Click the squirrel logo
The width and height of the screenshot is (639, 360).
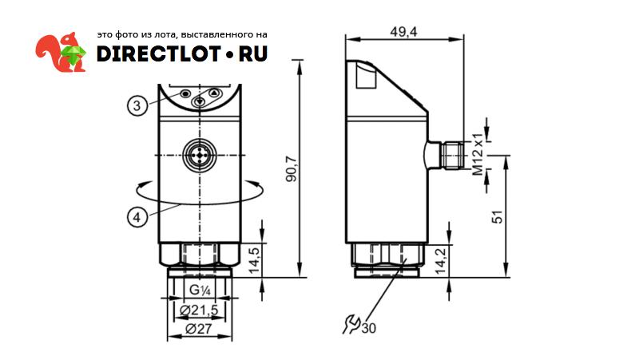(x=61, y=52)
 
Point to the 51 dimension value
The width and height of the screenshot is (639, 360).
(x=498, y=216)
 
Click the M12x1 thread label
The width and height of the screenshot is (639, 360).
(x=478, y=156)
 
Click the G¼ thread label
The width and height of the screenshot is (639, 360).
(x=199, y=290)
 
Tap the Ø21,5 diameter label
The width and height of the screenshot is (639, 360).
(x=199, y=310)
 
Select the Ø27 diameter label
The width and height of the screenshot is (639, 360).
(x=199, y=328)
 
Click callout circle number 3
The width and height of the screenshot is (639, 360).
(x=137, y=105)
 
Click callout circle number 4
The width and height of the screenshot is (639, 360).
(x=137, y=216)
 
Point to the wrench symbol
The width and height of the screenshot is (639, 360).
(x=350, y=323)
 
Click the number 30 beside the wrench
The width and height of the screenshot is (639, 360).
(x=369, y=327)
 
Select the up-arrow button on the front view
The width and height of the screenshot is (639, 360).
(x=213, y=93)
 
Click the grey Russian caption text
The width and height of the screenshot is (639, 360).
(x=181, y=35)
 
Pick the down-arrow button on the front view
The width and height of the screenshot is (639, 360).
(x=200, y=101)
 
